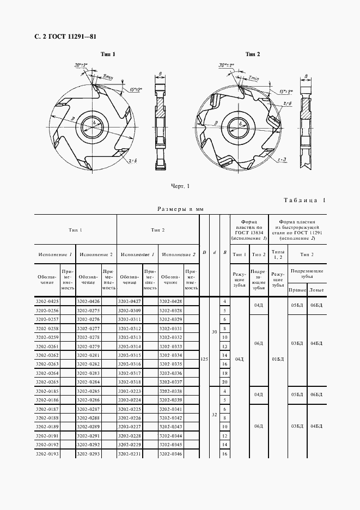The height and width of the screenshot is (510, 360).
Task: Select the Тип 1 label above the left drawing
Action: click(x=107, y=54)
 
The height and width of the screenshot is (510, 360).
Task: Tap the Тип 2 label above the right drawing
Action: click(x=253, y=54)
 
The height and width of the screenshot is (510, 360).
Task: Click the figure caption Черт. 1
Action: click(x=180, y=186)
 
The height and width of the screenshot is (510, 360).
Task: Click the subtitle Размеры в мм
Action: click(x=180, y=209)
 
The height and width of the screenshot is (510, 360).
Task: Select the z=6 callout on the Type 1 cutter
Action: click(x=133, y=161)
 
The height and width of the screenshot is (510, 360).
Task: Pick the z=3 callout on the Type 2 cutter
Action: click(x=282, y=160)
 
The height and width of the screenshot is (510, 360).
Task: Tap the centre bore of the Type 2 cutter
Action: click(x=237, y=125)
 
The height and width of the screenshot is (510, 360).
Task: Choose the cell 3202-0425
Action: click(x=47, y=301)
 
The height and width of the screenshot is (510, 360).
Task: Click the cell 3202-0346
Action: click(x=171, y=453)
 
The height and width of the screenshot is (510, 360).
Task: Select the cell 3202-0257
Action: click(x=47, y=319)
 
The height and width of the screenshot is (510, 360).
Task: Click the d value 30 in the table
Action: click(x=215, y=332)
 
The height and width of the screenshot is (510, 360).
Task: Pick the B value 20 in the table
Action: click(x=224, y=382)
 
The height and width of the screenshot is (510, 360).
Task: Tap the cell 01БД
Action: click(x=278, y=359)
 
